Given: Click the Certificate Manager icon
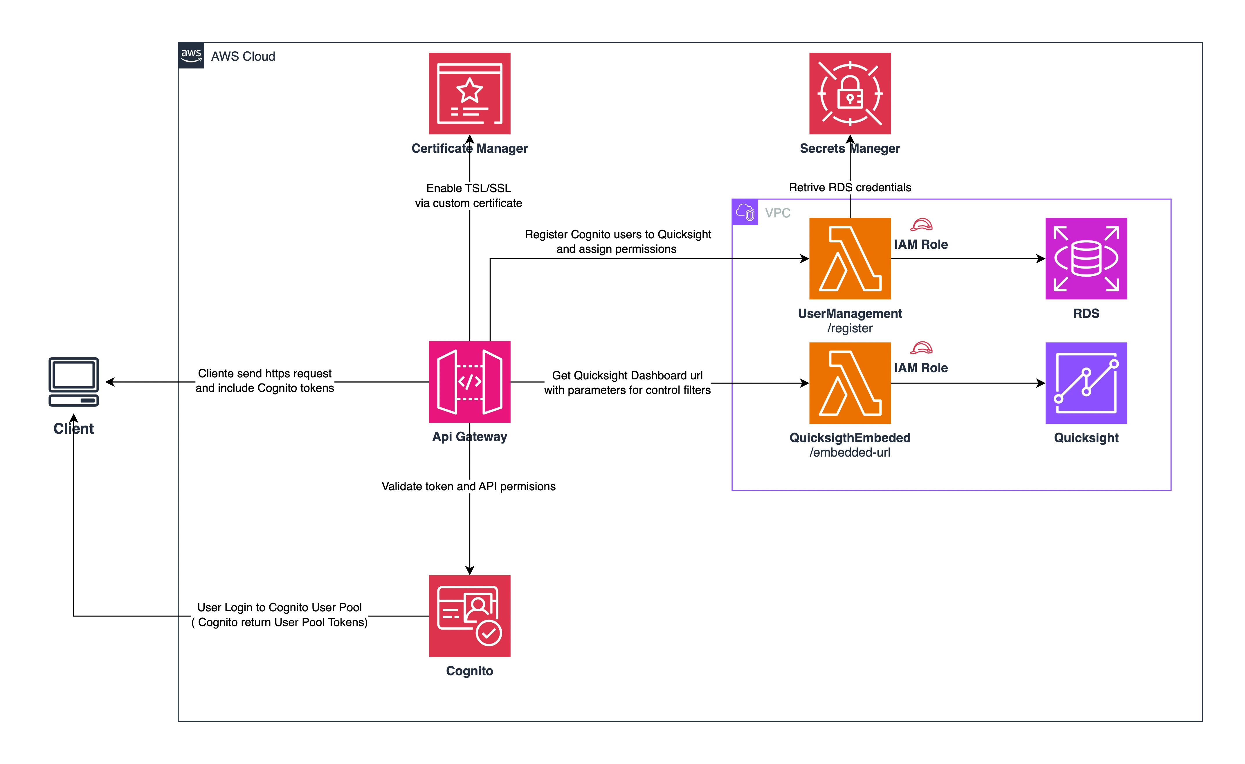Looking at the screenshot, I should tap(469, 93).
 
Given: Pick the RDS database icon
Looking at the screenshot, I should tap(1086, 258).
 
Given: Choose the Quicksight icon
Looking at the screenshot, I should tap(1086, 383).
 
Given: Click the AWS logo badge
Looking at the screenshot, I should tap(191, 55).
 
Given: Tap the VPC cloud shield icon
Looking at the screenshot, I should tap(745, 212).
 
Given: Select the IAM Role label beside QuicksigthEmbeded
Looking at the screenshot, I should tap(920, 368).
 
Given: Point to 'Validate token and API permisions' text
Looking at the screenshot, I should tap(469, 486).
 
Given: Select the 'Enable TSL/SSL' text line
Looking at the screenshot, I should tap(469, 188).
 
